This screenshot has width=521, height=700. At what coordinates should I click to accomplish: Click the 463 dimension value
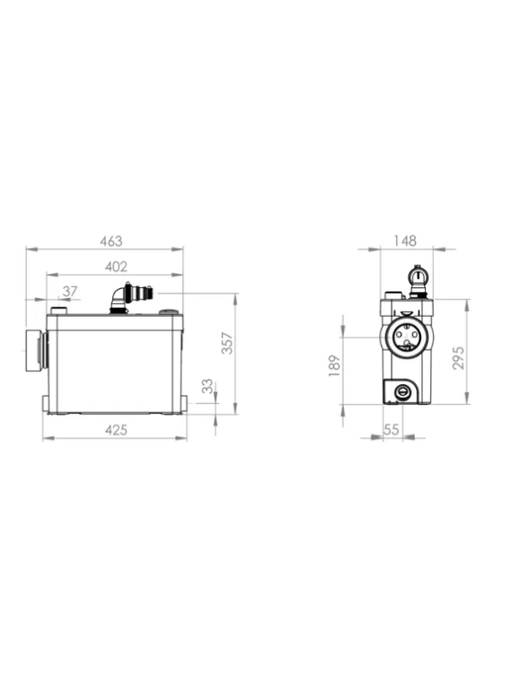coord(110,241)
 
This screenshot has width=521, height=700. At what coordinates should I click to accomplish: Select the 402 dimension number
coord(116,267)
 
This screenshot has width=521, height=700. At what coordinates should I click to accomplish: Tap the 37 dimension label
coord(70,292)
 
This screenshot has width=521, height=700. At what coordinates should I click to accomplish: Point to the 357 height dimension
coord(228,343)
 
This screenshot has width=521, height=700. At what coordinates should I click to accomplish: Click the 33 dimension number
coord(208,386)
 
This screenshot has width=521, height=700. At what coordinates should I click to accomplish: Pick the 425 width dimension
coord(116,430)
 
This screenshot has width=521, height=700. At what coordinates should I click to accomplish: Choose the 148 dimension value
coord(405,241)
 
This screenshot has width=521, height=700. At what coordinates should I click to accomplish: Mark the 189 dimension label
coord(335,366)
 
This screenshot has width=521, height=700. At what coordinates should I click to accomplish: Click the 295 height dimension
coord(458,358)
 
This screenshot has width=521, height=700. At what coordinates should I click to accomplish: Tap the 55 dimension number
coord(391,430)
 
